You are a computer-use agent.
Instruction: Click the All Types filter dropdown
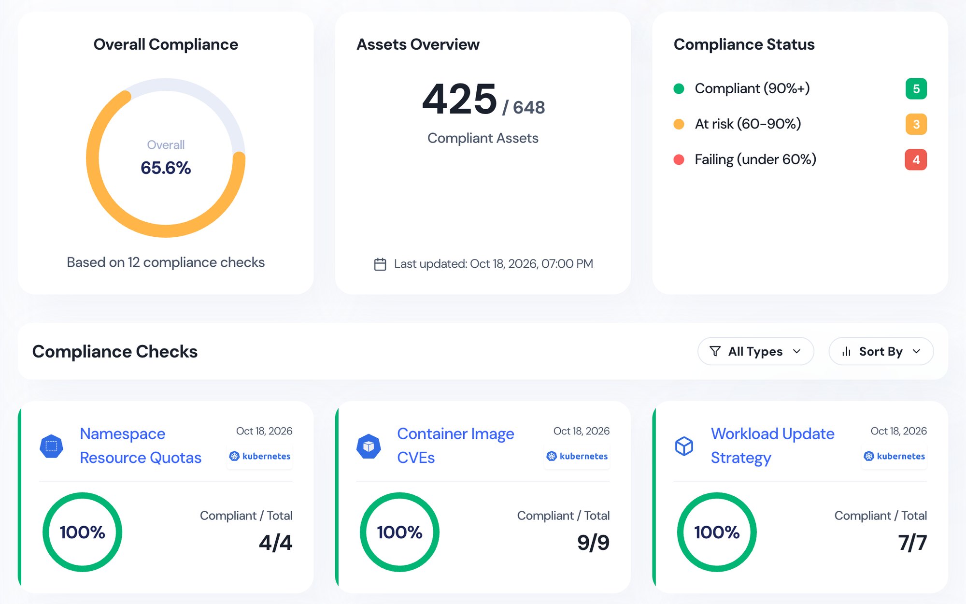755,351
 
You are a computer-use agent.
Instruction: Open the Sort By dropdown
881,351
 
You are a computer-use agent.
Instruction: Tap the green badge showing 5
916,88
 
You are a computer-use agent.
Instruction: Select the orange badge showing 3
916,124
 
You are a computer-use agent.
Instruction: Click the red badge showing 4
916,159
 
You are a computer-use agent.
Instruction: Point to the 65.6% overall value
166,168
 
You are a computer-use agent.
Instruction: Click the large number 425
459,99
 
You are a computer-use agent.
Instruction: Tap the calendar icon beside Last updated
380,264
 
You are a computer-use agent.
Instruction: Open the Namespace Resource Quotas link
141,446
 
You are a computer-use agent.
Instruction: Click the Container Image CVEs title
455,446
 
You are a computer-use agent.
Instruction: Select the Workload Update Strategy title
772,446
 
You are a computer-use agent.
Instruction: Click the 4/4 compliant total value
275,543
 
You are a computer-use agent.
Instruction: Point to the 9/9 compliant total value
593,543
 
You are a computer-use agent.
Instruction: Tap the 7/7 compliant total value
912,543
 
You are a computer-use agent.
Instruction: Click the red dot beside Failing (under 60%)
679,159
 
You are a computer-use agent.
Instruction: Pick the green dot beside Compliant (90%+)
679,88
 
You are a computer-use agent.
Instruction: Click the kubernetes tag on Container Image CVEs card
577,456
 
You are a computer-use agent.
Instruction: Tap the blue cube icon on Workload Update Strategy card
684,446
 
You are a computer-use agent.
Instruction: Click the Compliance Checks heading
115,351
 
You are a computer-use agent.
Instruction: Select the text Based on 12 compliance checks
166,262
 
